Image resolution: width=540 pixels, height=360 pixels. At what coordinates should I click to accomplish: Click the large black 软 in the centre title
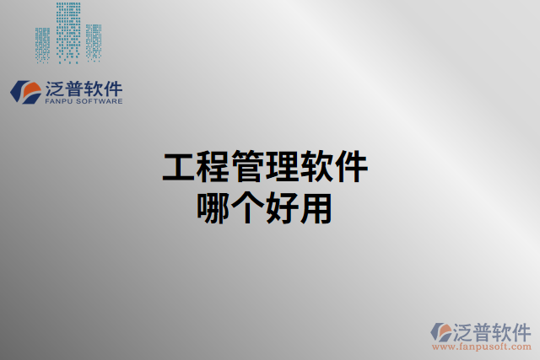(x=316, y=168)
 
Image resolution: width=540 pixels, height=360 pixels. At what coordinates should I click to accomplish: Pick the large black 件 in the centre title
(x=351, y=168)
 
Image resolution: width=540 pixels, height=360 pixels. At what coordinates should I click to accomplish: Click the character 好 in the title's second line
(x=282, y=207)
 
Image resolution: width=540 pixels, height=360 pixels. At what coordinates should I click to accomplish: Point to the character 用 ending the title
(x=316, y=207)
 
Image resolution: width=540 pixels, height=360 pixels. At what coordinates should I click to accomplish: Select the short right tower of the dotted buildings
(x=93, y=42)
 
